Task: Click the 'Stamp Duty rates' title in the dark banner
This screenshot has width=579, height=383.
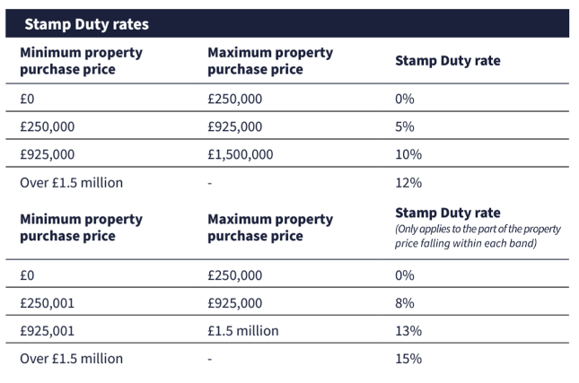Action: pyautogui.click(x=86, y=24)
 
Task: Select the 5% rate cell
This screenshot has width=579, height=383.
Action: pyautogui.click(x=405, y=126)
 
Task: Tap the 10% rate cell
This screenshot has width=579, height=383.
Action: pyautogui.click(x=408, y=154)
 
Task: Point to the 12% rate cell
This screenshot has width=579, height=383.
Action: pyautogui.click(x=408, y=183)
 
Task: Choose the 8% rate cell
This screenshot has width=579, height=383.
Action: pyautogui.click(x=405, y=303)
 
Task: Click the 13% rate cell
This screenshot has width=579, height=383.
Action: pyautogui.click(x=408, y=331)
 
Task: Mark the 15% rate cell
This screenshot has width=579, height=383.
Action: pyautogui.click(x=408, y=359)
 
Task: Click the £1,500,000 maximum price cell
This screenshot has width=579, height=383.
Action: pyautogui.click(x=241, y=154)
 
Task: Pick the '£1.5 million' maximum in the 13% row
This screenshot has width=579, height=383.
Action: pyautogui.click(x=243, y=331)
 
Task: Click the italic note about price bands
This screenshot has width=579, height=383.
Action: pyautogui.click(x=478, y=236)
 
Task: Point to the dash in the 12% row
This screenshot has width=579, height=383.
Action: pyautogui.click(x=209, y=183)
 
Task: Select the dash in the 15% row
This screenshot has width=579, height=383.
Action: pyautogui.click(x=209, y=359)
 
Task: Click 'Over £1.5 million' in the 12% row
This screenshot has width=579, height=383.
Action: pyautogui.click(x=72, y=183)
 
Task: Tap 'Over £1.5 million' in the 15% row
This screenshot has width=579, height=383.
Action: pyautogui.click(x=72, y=359)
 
